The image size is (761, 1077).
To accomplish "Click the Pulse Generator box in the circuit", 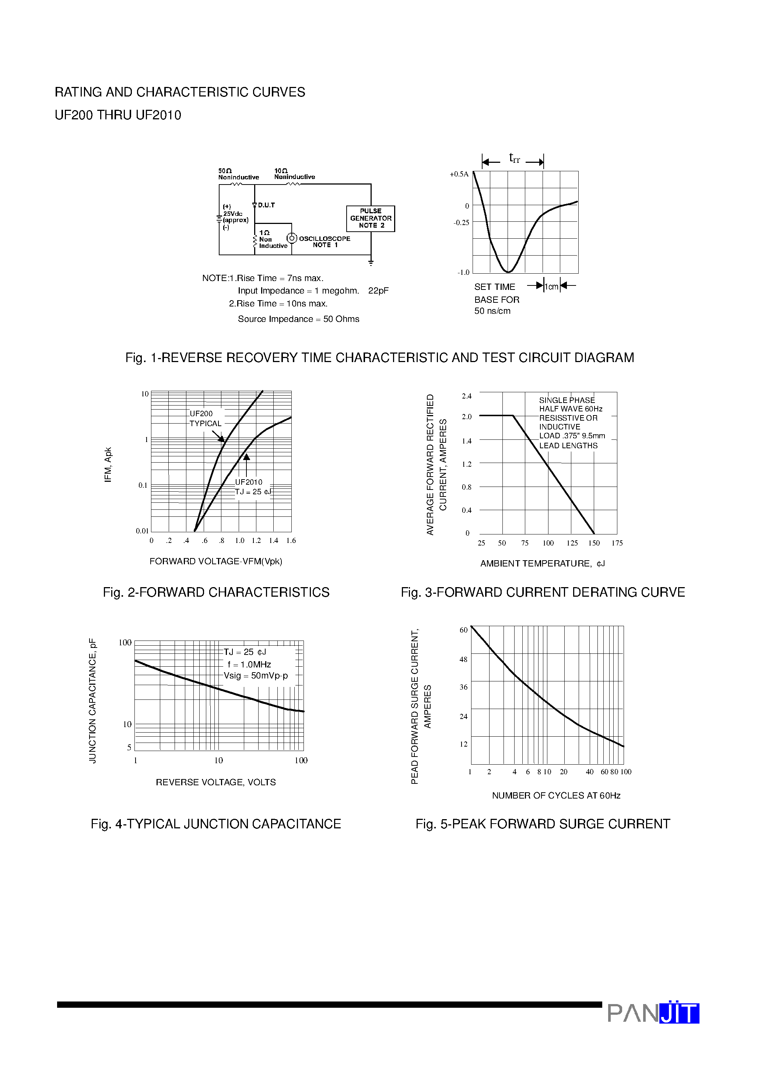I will point(370,218).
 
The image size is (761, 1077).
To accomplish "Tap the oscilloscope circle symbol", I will point(292,238).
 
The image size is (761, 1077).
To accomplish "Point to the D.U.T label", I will point(266,205).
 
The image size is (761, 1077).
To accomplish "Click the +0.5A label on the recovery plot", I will point(459,174).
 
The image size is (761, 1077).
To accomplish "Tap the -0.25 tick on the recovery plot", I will point(461,222).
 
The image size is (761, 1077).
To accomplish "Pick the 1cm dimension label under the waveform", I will point(551,286).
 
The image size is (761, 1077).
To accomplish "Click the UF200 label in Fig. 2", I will point(201,413).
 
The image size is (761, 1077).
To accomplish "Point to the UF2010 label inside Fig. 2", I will point(249,482).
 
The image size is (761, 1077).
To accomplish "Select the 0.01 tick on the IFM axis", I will point(142,531).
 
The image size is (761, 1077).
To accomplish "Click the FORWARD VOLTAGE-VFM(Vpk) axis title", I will point(216,561).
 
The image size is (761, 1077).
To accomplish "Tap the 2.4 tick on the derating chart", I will point(466,396).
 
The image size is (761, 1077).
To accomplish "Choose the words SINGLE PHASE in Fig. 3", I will point(567,400).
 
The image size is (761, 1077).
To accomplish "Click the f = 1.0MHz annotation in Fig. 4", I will point(249,664).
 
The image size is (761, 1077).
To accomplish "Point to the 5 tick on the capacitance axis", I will point(129,747).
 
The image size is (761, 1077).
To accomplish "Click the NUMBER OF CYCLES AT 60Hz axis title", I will point(556,795).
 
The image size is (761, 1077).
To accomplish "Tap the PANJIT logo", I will point(653,1013).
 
